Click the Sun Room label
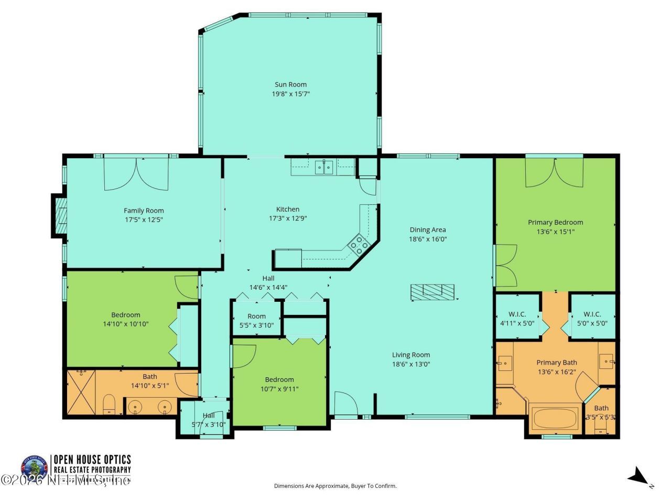pos(290,84)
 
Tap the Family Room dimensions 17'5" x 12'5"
pos(144,220)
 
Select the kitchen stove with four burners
pos(359,245)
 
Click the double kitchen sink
pos(324,167)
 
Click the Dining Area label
pos(427,229)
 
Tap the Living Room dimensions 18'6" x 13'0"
pos(411,364)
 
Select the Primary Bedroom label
pos(555,222)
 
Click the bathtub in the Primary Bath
pos(555,418)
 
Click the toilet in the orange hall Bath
pos(109,404)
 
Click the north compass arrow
pos(638,477)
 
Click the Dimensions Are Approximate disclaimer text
pos(335,486)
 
